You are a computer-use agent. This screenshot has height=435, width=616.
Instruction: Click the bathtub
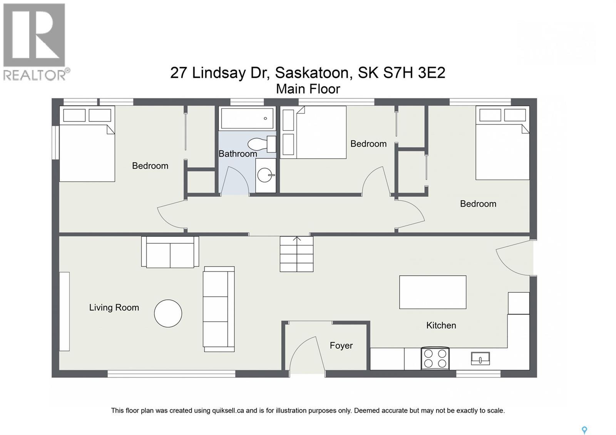(x=247, y=118)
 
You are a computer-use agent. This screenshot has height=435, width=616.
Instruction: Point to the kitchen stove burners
(x=435, y=358)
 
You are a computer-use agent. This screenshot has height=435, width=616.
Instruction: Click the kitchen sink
(x=480, y=358)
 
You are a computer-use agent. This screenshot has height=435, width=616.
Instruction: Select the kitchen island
(x=433, y=292)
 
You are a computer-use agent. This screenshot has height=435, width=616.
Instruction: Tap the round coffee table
(x=168, y=313)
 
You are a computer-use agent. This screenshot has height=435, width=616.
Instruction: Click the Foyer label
(x=341, y=346)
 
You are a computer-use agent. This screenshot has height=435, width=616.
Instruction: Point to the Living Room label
(x=114, y=308)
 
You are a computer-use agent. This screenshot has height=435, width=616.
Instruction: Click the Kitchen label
(x=441, y=325)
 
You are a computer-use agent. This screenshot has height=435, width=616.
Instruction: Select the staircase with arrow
(x=296, y=254)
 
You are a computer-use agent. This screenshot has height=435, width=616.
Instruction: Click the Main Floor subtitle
(x=308, y=89)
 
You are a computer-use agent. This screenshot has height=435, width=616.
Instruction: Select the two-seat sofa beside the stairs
(x=170, y=252)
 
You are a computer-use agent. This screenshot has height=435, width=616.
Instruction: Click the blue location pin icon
(x=584, y=430)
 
